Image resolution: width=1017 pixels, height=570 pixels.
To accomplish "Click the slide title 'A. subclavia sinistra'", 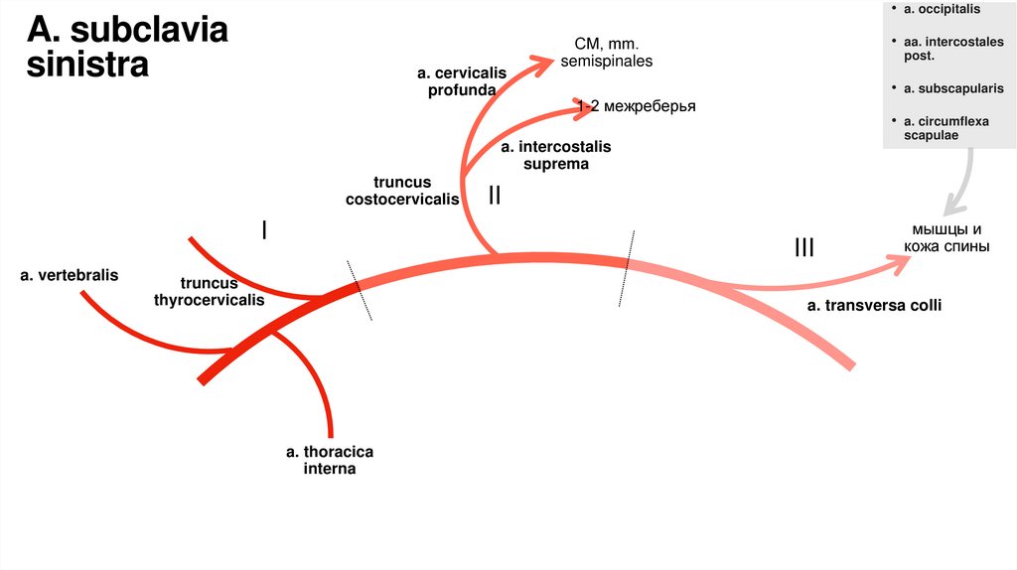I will (x=127, y=47).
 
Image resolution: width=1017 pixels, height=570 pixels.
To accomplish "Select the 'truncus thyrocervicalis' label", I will (x=210, y=291).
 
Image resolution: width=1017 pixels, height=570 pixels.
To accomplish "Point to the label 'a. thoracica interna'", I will (x=330, y=460).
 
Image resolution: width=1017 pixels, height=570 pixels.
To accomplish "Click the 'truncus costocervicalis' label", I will (x=402, y=191).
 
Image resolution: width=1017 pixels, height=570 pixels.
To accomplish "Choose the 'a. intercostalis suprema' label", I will (x=556, y=155).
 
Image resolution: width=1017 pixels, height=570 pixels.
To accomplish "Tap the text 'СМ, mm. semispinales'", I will (x=607, y=53).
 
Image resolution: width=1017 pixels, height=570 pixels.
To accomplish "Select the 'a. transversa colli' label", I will (x=874, y=306).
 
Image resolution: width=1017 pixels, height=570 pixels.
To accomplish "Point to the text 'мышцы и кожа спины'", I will (x=944, y=238).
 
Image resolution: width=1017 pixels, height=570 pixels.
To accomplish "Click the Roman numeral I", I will (x=264, y=230).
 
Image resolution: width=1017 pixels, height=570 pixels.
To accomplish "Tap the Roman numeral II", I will (x=494, y=196).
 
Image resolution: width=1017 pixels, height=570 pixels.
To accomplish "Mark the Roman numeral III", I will (x=804, y=246).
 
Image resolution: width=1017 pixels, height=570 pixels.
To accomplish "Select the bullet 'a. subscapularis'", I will (x=953, y=88).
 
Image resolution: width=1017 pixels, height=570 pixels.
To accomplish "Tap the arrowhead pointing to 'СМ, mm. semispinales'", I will (x=545, y=65).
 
